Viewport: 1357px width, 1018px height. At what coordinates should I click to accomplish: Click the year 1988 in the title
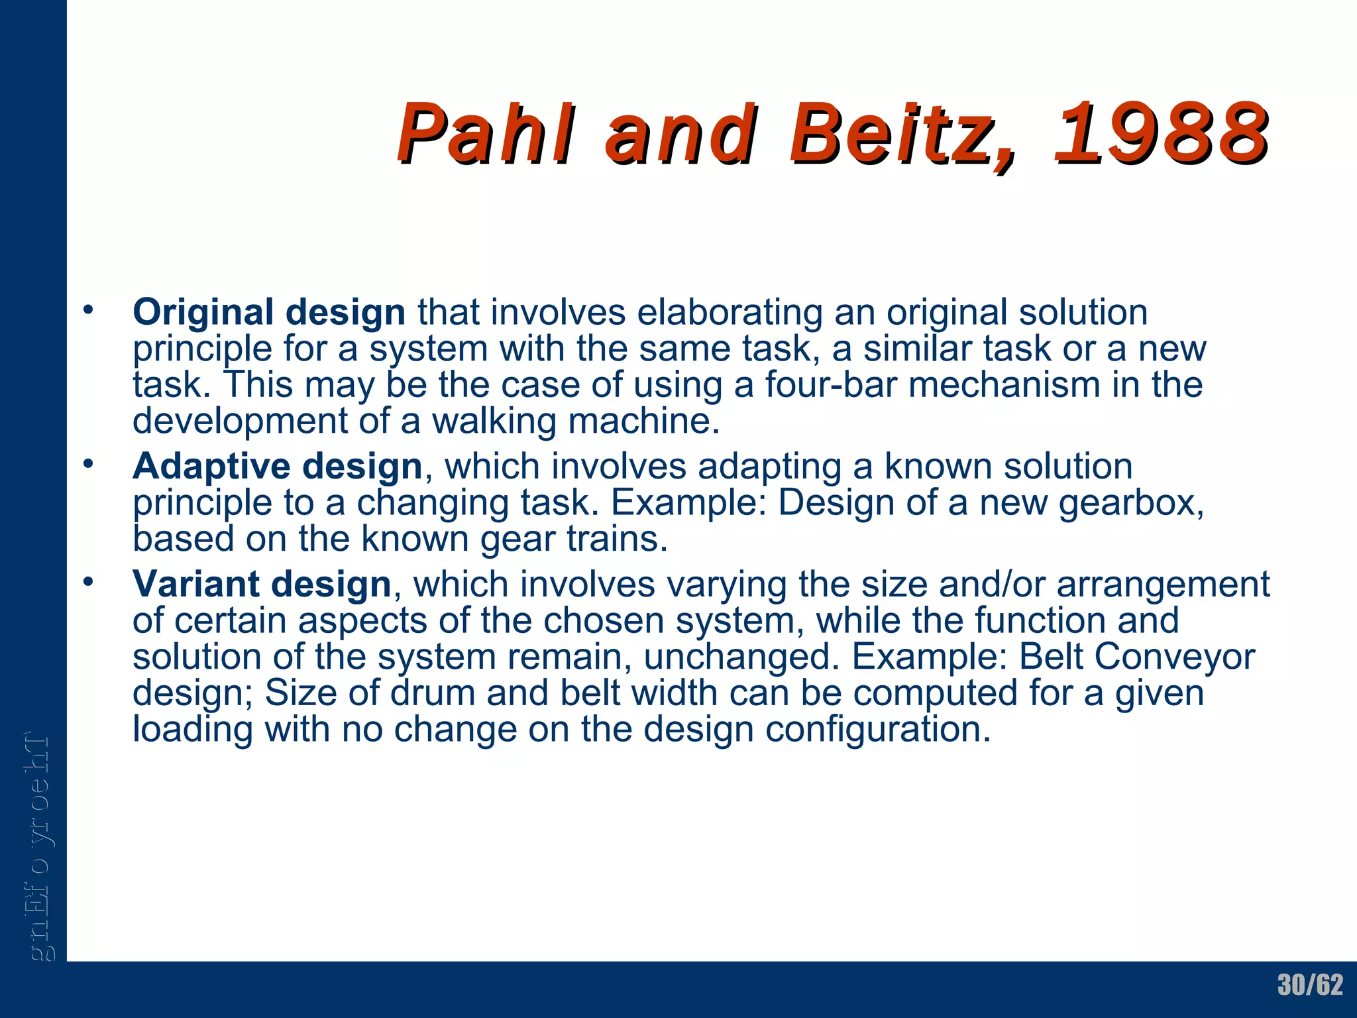point(1161,134)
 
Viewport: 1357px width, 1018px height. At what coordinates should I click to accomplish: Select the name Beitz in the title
point(901,134)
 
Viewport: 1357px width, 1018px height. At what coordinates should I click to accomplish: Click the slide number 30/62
point(1310,985)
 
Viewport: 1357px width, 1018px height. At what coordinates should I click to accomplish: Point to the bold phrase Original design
point(269,312)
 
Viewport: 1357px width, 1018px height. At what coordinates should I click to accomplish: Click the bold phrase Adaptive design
point(278,467)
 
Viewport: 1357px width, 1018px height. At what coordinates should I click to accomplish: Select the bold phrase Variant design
point(262,585)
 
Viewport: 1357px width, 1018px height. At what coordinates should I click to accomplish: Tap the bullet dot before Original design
point(88,310)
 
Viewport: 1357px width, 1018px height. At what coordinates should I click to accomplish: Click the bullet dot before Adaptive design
point(88,464)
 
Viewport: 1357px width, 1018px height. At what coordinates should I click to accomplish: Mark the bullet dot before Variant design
point(88,582)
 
